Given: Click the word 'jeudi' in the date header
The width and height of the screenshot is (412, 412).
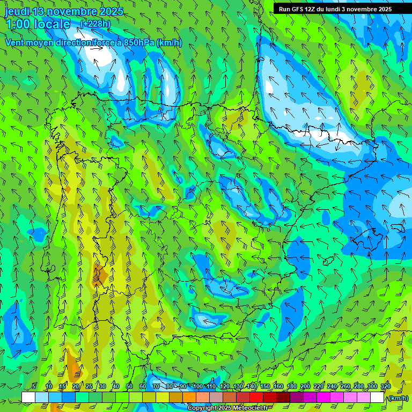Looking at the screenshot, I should pyautogui.click(x=17, y=11).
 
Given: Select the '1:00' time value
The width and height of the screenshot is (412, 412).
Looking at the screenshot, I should pyautogui.click(x=18, y=24).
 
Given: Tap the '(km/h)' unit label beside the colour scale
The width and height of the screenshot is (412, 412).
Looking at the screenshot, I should pyautogui.click(x=398, y=398).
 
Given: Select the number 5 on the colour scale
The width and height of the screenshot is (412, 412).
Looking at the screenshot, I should pyautogui.click(x=34, y=386).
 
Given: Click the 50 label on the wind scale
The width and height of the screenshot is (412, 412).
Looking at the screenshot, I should pyautogui.click(x=129, y=386).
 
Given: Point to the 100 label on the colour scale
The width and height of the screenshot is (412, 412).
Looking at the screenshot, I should pyautogui.click(x=198, y=386).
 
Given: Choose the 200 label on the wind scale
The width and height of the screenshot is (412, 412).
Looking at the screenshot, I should pyautogui.click(x=305, y=386).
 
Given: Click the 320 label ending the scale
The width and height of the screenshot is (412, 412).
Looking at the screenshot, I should pyautogui.click(x=385, y=386).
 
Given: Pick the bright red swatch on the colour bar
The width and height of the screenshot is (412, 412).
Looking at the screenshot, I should pyautogui.click(x=256, y=397).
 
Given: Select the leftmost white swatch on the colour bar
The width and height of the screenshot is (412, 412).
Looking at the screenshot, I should pyautogui.click(x=28, y=397).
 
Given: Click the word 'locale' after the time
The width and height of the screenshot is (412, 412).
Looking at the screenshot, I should pyautogui.click(x=52, y=24).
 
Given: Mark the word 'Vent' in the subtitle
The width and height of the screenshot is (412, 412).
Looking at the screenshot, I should pyautogui.click(x=16, y=43).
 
